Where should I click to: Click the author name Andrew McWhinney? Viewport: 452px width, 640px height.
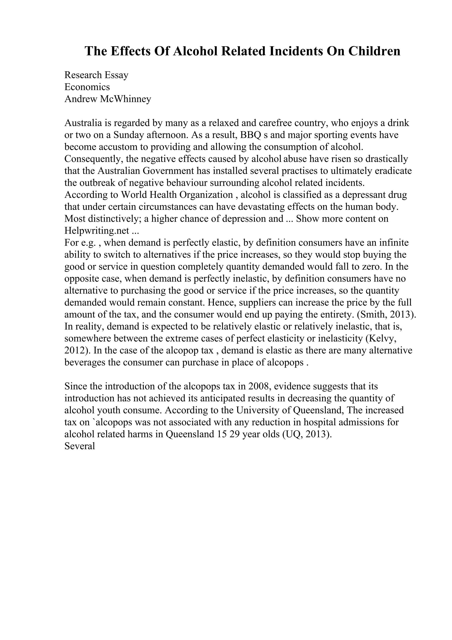click(x=108, y=99)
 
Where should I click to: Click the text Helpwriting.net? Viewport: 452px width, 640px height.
click(x=97, y=231)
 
